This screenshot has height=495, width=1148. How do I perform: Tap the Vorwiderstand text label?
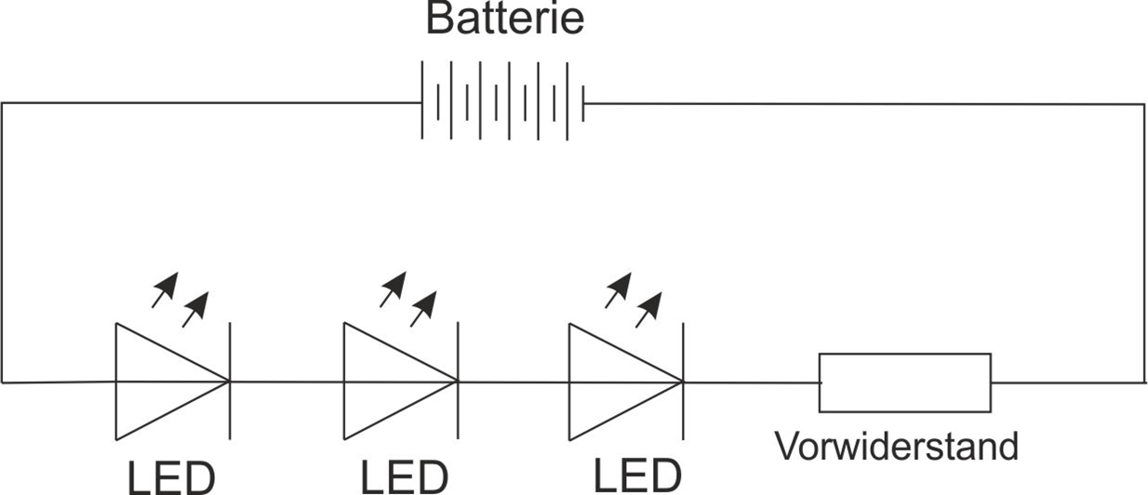(897, 447)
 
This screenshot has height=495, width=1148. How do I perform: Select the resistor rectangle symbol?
(904, 382)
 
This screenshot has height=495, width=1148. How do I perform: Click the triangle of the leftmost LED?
(158, 381)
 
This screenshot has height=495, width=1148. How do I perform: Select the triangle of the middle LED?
(386, 381)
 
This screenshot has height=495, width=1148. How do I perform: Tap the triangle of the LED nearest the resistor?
(612, 381)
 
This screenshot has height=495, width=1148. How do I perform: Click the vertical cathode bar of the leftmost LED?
(230, 381)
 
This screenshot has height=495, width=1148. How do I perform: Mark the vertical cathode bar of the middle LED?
(458, 381)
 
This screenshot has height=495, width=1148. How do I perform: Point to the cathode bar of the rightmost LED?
(684, 381)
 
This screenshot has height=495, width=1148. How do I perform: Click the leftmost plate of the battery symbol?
(422, 102)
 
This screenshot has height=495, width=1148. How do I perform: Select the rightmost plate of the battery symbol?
(583, 103)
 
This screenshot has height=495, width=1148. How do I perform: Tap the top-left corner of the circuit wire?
(3, 103)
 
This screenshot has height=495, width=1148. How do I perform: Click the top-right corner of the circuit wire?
(1144, 104)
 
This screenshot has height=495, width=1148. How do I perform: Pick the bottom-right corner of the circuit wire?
(1144, 382)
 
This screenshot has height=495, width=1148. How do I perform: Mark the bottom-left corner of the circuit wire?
(3, 381)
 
